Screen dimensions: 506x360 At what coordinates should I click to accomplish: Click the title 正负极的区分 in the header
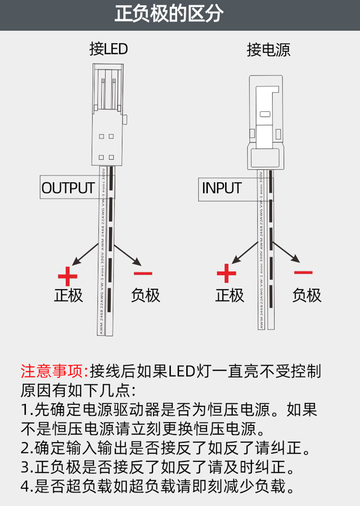coord(169,15)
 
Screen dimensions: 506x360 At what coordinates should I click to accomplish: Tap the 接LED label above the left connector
coord(108,49)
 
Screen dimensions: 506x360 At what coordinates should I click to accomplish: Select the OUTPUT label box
coord(68,188)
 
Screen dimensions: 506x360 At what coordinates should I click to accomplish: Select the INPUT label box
coord(222,188)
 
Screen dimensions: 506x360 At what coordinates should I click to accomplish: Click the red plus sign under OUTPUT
coord(68,276)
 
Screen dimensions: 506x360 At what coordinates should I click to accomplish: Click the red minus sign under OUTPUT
coord(143,274)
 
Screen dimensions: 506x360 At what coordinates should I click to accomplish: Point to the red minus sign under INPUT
coord(303,272)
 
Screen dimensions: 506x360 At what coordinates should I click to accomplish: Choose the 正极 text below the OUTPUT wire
coord(68,295)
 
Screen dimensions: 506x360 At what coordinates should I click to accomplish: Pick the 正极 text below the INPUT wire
coord(230,295)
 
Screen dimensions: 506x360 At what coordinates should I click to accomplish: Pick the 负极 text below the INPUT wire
coord(307,295)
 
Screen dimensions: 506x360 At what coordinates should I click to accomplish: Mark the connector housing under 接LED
coord(108,114)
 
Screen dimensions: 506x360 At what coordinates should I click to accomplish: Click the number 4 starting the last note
coord(25,487)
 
